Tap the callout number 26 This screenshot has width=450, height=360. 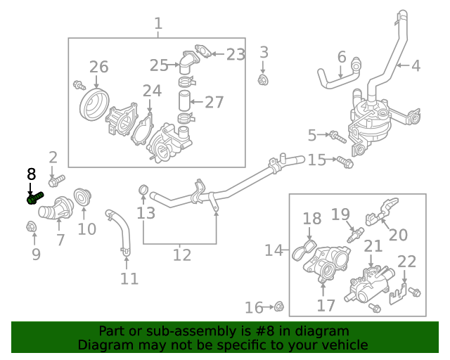pyautogui.click(x=98, y=67)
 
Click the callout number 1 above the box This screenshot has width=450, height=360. pyautogui.click(x=157, y=23)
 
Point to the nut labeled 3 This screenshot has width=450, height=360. pyautogui.click(x=264, y=79)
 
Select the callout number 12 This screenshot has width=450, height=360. pyautogui.click(x=181, y=255)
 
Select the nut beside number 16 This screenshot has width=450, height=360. pyautogui.click(x=278, y=306)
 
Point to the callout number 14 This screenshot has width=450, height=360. pyautogui.click(x=274, y=250)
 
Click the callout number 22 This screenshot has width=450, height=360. pyautogui.click(x=406, y=262)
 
